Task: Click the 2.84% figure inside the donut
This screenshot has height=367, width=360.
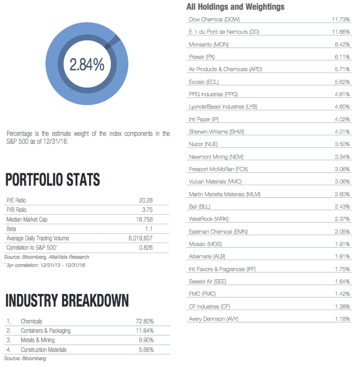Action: [87, 64]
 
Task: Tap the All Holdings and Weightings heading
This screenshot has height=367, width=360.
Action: [235, 7]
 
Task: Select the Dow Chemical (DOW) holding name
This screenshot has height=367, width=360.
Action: [214, 19]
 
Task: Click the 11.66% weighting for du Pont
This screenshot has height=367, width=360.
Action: [341, 32]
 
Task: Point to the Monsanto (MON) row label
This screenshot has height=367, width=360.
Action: [209, 44]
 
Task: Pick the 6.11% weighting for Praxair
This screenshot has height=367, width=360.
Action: [342, 57]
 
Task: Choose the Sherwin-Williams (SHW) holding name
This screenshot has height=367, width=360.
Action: [217, 132]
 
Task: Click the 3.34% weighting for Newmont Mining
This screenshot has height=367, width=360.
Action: [342, 157]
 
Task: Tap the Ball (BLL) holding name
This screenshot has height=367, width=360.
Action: [199, 206]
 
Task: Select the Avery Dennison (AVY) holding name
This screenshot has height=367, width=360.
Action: [214, 319]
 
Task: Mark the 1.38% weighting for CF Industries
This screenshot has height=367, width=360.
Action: [342, 306]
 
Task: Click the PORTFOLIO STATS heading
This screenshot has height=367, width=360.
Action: [53, 179]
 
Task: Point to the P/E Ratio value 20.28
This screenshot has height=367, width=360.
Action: [146, 200]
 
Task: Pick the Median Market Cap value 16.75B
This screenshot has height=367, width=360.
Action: [144, 219]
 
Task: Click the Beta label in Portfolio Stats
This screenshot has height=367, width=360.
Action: [11, 229]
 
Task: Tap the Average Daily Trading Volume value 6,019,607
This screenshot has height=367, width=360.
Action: [140, 238]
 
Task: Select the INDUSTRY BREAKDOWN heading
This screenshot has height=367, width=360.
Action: [67, 300]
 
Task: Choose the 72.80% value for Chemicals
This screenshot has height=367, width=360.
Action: [145, 321]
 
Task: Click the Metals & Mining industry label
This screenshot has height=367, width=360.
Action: [38, 340]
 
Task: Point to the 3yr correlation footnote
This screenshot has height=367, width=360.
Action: [44, 265]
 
